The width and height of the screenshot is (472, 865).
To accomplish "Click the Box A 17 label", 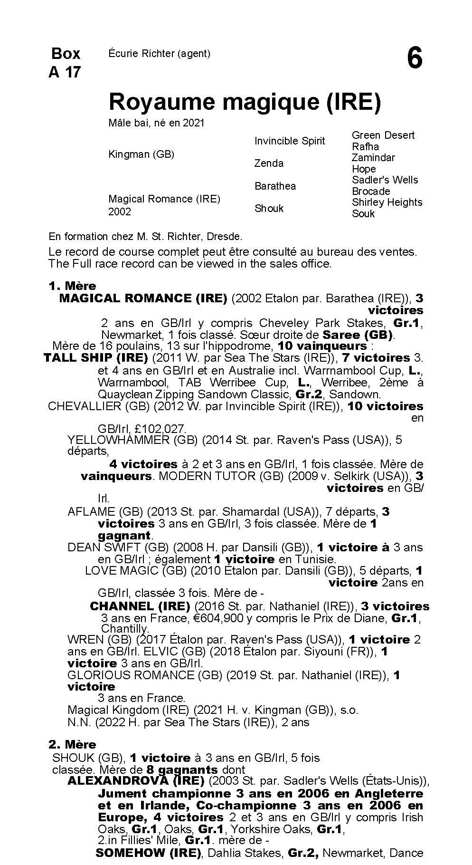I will pos(65,62).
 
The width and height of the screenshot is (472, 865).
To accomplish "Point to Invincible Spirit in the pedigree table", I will pos(290,141).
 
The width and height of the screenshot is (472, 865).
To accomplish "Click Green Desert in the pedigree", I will pos(383,135).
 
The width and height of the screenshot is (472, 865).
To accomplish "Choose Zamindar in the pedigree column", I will pos(373,157).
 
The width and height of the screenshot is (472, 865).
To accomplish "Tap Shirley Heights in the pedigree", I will pos(387,202).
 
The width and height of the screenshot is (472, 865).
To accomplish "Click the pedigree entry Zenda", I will pos(269,163).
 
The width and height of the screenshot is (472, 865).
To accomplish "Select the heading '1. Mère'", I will pos(72,286).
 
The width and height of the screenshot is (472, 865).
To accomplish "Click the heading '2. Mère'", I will pos(72,744).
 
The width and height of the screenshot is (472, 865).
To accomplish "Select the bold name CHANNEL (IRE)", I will pos(140,606).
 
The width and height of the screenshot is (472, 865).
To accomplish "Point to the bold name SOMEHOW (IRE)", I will pos(147,853).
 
